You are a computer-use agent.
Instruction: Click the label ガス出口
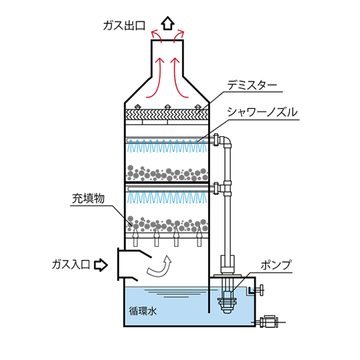[x=124, y=26]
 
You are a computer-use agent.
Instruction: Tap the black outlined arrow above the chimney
[x=168, y=23]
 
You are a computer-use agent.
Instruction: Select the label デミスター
[x=252, y=85]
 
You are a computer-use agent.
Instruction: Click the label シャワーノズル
[x=262, y=113]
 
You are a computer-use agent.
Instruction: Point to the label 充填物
[x=89, y=199]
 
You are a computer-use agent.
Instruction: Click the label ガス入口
[x=71, y=265]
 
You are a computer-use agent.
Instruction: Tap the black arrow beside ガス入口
[x=101, y=265]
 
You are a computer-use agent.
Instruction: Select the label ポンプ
[x=276, y=265]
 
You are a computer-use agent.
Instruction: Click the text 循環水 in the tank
[x=143, y=311]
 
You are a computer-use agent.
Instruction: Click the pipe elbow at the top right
[x=226, y=141]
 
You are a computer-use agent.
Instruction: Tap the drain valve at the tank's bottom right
[x=269, y=321]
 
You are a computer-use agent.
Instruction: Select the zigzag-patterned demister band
[x=166, y=114]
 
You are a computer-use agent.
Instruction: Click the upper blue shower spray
[x=167, y=147]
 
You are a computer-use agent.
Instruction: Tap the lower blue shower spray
[x=167, y=197]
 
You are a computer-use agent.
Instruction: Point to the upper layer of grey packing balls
[x=167, y=173]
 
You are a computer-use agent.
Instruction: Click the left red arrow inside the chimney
[x=156, y=78]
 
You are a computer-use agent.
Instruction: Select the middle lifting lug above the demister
[x=168, y=107]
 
